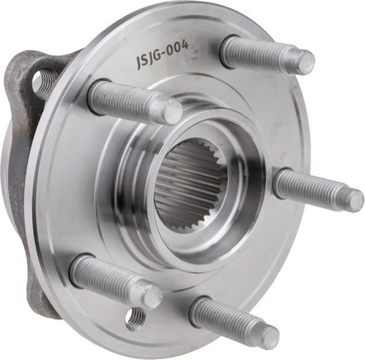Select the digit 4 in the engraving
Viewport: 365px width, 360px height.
click(x=185, y=45)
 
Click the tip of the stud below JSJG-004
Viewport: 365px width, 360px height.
click(x=173, y=113)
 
